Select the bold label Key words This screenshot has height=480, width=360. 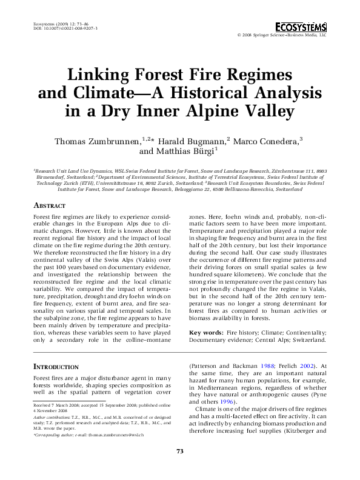pos(206,333)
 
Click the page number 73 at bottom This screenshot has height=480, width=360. pos(179,467)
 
